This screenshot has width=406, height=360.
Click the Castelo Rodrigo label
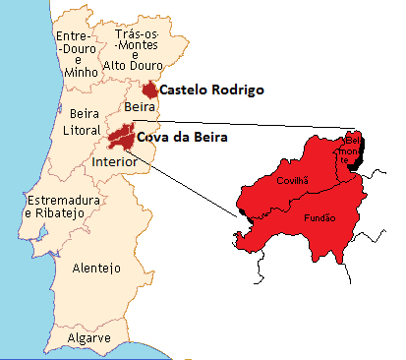pyautogui.click(x=211, y=90)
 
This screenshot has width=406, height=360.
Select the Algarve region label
pyautogui.click(x=87, y=339)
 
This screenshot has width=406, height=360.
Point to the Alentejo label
pyautogui.click(x=95, y=268)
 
